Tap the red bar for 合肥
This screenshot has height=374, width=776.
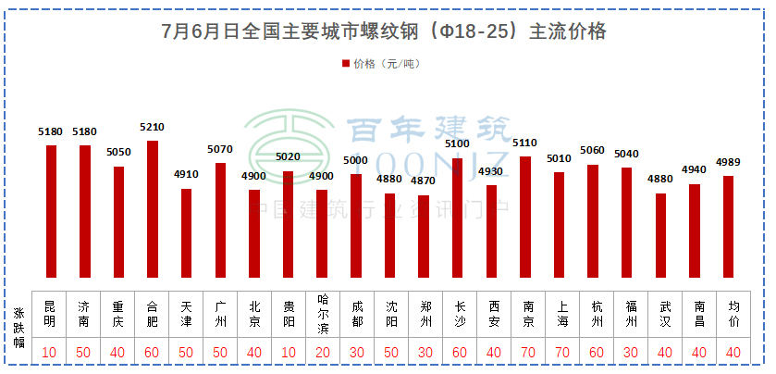[153, 209]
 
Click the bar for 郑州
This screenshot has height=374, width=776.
[424, 236]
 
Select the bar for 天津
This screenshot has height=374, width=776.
[187, 233]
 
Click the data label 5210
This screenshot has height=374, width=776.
[153, 128]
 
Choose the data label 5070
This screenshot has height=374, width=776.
[220, 150]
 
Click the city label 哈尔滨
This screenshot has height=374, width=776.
[322, 313]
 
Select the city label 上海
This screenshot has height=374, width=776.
[559, 313]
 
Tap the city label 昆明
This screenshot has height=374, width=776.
[51, 313]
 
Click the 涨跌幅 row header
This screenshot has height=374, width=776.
[18, 329]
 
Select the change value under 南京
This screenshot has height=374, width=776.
[525, 353]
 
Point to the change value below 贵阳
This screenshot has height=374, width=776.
[288, 353]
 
